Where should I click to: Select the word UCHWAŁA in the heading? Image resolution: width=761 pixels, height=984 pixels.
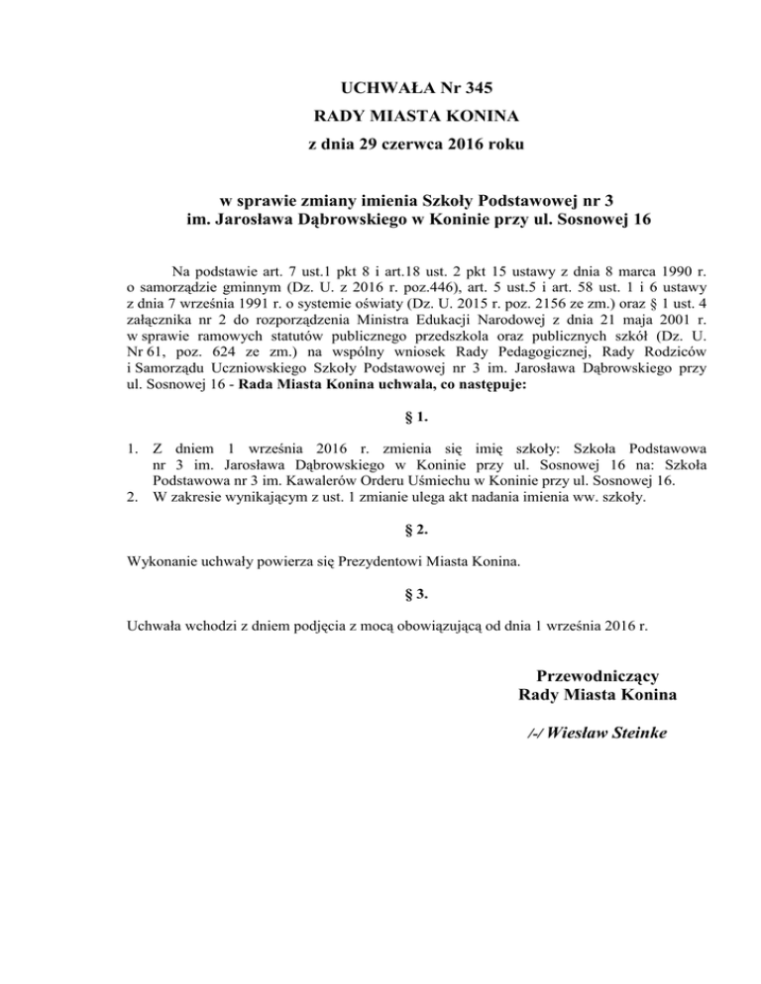click(341, 88)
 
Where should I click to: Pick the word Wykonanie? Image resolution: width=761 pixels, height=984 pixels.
click(163, 562)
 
